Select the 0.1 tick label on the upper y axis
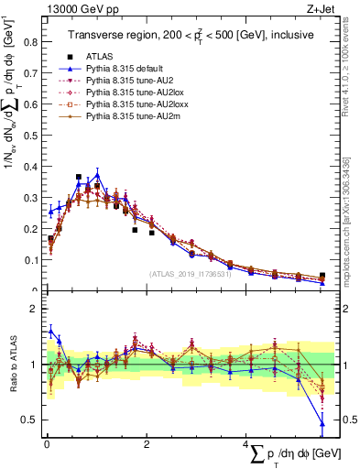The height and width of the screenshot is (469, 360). tap(32, 260)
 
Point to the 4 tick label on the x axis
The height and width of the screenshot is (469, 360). tap(245, 445)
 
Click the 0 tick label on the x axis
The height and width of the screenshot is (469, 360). tap(46, 445)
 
